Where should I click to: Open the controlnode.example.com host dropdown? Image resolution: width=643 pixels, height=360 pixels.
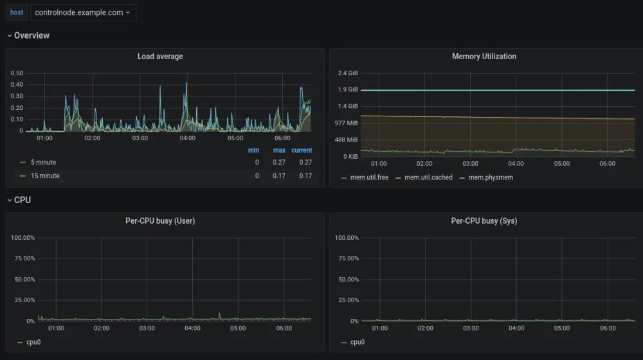click(x=83, y=12)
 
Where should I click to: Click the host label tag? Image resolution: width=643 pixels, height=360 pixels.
click(x=17, y=12)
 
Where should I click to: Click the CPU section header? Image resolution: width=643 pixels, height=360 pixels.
click(x=22, y=200)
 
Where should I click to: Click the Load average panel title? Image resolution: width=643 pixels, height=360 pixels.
click(x=160, y=57)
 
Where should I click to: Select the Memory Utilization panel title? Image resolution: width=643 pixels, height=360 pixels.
click(x=484, y=57)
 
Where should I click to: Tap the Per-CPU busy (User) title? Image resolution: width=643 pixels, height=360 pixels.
click(x=160, y=221)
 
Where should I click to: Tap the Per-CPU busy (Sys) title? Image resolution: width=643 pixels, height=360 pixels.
click(x=484, y=221)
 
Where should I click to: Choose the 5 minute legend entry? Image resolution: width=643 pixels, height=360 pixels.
click(x=43, y=162)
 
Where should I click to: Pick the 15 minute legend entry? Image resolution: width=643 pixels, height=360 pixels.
click(x=44, y=175)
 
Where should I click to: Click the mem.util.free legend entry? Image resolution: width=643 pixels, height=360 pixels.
click(x=365, y=177)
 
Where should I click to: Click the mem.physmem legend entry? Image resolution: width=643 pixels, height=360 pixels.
click(x=490, y=177)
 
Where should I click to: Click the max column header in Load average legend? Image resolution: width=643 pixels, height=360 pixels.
click(x=279, y=150)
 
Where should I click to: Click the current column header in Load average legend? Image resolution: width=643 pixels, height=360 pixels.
click(x=302, y=150)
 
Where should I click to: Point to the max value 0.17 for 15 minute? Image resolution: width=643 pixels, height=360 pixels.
click(x=279, y=175)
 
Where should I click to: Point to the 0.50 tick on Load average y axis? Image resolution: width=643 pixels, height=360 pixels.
click(x=17, y=73)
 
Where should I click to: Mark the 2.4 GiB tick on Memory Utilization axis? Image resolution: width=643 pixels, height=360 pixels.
click(x=348, y=73)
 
